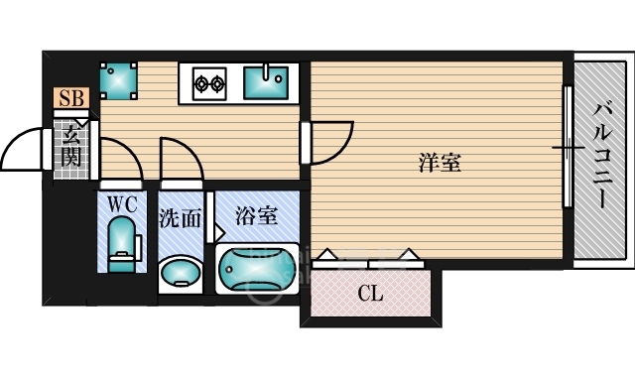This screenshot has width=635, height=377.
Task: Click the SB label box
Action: pyautogui.click(x=71, y=97)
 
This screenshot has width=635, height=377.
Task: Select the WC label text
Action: pyautogui.click(x=122, y=204)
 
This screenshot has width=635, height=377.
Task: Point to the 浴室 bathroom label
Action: pyautogui.click(x=255, y=213)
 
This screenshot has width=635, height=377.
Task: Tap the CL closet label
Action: pyautogui.click(x=370, y=294)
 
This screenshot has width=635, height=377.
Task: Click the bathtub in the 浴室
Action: pyautogui.click(x=257, y=268)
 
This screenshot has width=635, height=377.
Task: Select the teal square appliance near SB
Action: pyautogui.click(x=119, y=80)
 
